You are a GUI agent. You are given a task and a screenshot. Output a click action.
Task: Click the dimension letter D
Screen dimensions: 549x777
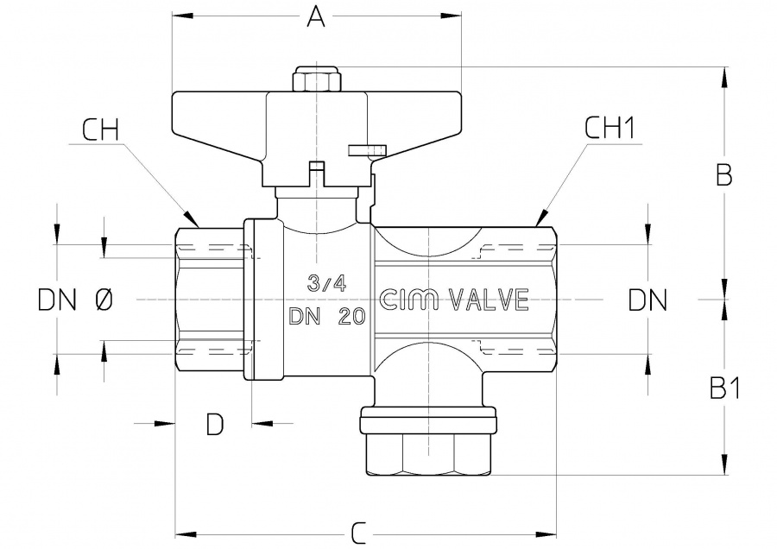(x=215, y=424)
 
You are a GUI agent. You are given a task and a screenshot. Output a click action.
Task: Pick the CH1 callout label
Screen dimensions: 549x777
(x=610, y=129)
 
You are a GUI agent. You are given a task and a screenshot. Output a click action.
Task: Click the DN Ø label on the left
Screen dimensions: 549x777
(x=75, y=300)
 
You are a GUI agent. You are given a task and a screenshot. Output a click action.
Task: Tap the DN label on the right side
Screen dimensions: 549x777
(x=647, y=300)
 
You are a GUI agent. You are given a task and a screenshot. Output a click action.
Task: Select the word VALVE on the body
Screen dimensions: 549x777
(x=489, y=300)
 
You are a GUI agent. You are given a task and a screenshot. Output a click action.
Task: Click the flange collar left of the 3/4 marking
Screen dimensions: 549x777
(x=262, y=300)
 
